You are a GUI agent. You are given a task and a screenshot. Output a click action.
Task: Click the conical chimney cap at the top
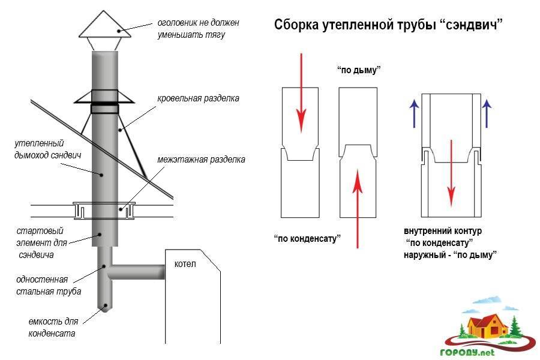(x=106, y=26)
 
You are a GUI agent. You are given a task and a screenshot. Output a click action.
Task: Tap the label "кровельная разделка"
(x=198, y=98)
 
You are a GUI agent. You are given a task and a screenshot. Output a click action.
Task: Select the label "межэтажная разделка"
(x=201, y=160)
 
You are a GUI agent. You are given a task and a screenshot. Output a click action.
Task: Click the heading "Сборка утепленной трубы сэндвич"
(x=388, y=25)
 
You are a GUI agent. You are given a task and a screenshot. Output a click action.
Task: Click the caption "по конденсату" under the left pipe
(x=307, y=238)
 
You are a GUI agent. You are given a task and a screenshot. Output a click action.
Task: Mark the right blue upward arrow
(x=487, y=111)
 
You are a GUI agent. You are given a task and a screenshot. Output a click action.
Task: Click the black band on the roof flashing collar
(x=106, y=109)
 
